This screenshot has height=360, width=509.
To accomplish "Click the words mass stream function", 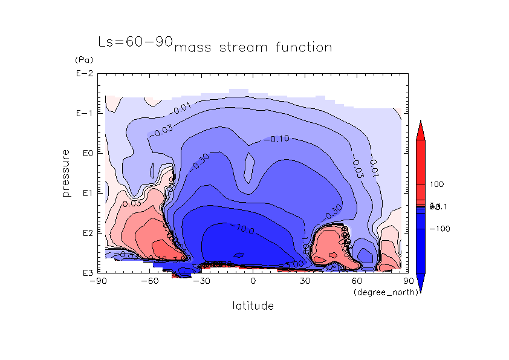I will (253, 47).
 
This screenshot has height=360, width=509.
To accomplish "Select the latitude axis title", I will (253, 306).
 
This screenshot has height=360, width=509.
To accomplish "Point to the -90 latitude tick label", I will (98, 281).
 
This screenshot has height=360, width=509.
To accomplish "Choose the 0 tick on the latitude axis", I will (253, 281).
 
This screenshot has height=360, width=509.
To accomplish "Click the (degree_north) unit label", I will (379, 293).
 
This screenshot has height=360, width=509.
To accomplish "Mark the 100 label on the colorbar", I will (438, 184).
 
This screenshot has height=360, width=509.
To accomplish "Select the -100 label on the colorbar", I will (439, 229).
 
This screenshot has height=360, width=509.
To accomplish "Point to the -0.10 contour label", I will (279, 139).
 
